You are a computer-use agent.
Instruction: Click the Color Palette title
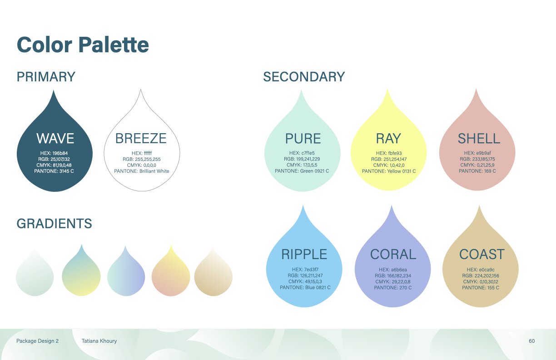[x=83, y=45]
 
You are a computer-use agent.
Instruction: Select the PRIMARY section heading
[x=46, y=76]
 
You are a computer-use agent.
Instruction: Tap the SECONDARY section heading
[x=304, y=76]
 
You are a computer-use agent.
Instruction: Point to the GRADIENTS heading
[x=54, y=223]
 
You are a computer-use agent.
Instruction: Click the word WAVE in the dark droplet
[x=55, y=138]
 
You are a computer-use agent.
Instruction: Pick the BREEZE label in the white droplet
[x=141, y=138]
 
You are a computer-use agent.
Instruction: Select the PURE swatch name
[x=303, y=139]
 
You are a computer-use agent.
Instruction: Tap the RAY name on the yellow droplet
[x=388, y=139]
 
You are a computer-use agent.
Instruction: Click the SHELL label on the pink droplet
[x=479, y=139]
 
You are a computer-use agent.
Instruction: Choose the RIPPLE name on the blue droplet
[x=304, y=255]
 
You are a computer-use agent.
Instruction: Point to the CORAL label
[x=393, y=255]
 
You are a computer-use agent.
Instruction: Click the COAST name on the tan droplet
[x=482, y=255]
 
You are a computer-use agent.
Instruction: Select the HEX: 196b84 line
[x=54, y=153]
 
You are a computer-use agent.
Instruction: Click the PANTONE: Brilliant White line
[x=141, y=171]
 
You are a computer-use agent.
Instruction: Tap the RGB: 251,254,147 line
[x=389, y=159]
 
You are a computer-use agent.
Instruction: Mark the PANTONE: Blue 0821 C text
[x=305, y=287]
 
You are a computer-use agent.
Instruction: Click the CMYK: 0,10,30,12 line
[x=481, y=282]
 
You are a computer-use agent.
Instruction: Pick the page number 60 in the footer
[x=531, y=341]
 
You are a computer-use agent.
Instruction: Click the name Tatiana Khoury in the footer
[x=99, y=341]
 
